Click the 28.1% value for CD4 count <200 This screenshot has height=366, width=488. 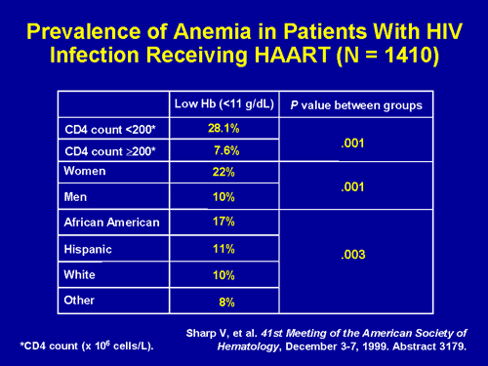(x=224, y=128)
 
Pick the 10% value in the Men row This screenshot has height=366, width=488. (x=225, y=198)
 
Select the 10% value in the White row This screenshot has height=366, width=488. (x=225, y=275)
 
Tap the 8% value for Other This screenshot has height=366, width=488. (x=226, y=302)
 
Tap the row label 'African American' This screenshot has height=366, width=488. (x=110, y=223)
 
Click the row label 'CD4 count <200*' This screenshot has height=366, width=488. (x=107, y=129)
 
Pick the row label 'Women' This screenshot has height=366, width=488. (x=85, y=172)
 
